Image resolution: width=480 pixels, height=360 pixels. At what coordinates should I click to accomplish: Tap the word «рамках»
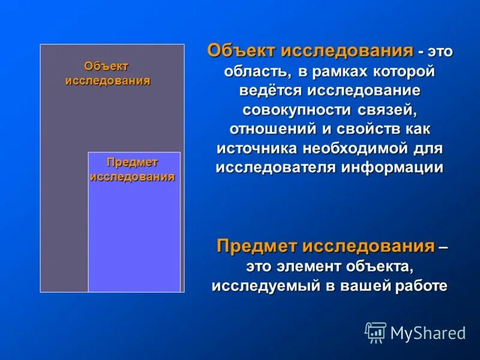(343, 72)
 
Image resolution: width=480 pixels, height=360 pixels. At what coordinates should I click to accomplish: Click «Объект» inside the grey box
(106, 66)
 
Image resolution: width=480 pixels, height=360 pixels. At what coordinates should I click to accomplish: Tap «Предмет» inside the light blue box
(132, 163)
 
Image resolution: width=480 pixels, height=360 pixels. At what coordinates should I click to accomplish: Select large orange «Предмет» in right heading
(256, 246)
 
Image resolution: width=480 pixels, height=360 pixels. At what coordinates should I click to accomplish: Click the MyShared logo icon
(376, 332)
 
